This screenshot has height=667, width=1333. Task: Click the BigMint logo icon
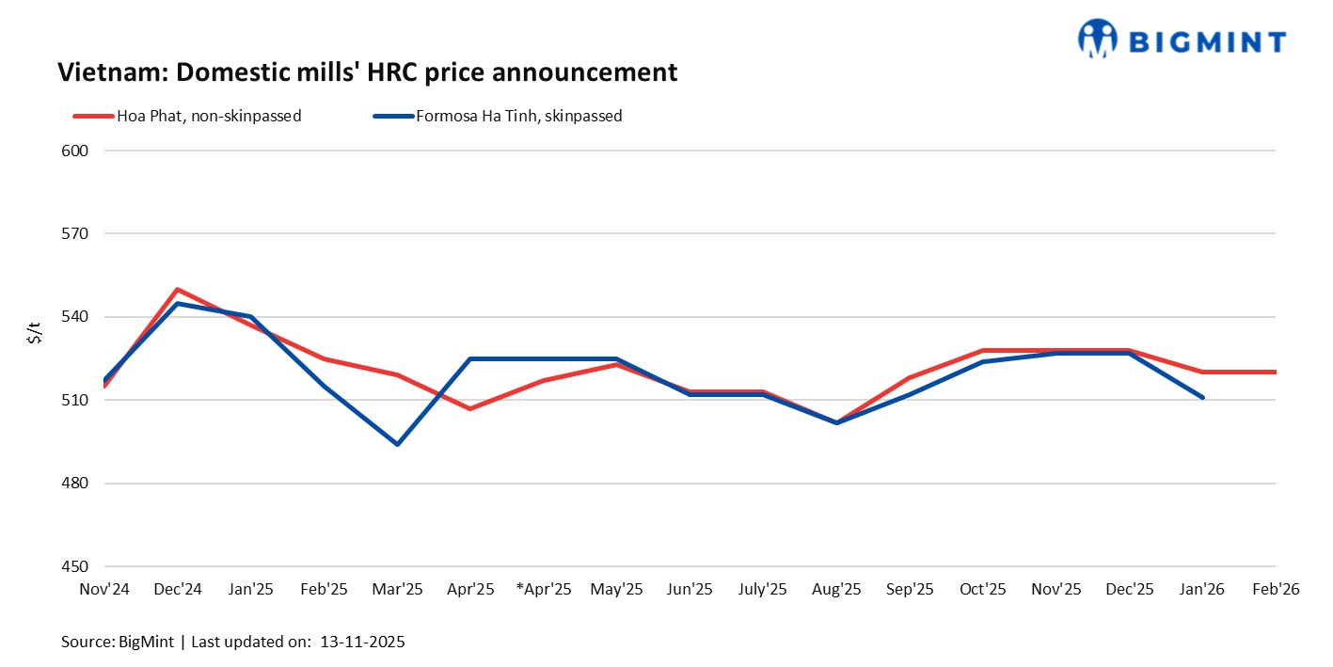(1097, 39)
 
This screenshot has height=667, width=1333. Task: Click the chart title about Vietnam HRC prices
(367, 72)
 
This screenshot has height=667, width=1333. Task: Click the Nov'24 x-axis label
(104, 590)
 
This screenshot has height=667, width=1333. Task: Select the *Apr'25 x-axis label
(544, 590)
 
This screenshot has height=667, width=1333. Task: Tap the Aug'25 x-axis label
(836, 590)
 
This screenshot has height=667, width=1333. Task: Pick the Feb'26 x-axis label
(1275, 590)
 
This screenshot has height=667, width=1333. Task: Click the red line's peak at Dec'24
(178, 290)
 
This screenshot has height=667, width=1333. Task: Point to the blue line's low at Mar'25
(397, 444)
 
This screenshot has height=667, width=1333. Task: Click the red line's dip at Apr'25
(470, 408)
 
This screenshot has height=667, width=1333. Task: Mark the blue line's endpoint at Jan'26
(1202, 397)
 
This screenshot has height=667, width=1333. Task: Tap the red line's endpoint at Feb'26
(1274, 373)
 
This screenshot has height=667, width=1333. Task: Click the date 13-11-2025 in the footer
(362, 643)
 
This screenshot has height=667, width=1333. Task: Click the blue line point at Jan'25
(251, 317)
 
